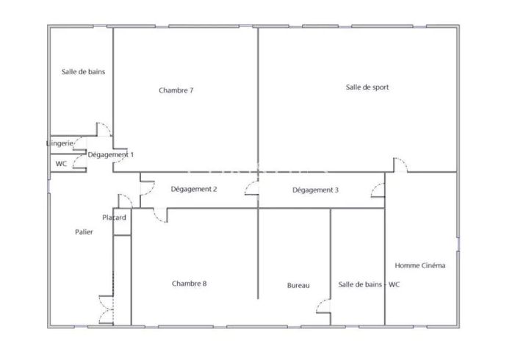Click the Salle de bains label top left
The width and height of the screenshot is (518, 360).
[x=83, y=72]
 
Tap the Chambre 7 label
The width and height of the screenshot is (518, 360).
[x=176, y=90]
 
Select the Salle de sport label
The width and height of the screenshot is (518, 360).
[x=367, y=87]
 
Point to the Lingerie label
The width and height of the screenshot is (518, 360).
[x=60, y=143]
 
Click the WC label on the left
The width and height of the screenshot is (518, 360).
[x=61, y=164]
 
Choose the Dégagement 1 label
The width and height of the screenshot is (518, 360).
[x=110, y=155]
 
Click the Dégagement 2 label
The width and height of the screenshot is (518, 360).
[x=193, y=190]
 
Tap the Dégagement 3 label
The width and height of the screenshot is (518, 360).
[x=315, y=190]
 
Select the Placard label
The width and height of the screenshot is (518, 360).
[x=115, y=217]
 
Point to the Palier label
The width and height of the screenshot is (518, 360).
[x=84, y=232]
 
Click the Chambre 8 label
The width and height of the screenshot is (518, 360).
[x=189, y=284]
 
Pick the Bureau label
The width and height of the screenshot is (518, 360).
[x=298, y=285]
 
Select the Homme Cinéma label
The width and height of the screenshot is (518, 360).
[x=420, y=265]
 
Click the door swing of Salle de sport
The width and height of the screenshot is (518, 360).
[x=400, y=164]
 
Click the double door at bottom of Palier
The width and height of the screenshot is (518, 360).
[x=107, y=309]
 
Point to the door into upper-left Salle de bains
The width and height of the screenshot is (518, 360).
[x=104, y=129]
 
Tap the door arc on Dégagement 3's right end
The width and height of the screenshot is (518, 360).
[x=377, y=190]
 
